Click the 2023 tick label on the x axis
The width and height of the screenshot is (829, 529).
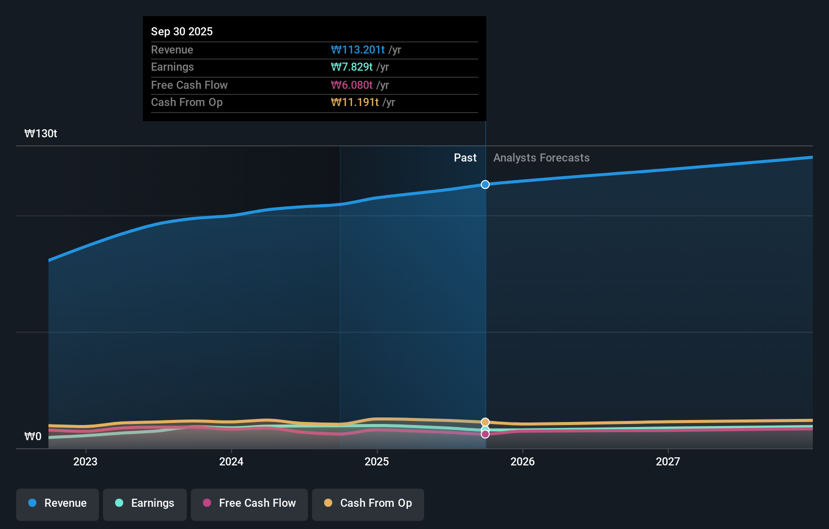click(x=85, y=461)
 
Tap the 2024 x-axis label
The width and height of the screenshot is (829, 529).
click(x=231, y=461)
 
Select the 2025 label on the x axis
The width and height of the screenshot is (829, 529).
click(x=377, y=461)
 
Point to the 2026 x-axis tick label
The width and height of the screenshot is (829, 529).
click(x=523, y=461)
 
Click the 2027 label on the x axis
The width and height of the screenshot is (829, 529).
click(x=668, y=461)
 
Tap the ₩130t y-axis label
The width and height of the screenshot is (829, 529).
click(x=41, y=134)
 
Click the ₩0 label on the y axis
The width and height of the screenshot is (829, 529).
click(x=33, y=437)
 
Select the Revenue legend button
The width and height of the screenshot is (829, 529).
click(x=58, y=503)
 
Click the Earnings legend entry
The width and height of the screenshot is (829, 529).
click(x=145, y=503)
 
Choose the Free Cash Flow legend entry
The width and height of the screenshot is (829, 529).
click(x=249, y=503)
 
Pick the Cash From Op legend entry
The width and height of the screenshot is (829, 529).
click(x=368, y=503)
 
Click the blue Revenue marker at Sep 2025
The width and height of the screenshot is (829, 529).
click(x=485, y=185)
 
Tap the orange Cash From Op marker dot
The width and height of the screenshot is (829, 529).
click(x=485, y=422)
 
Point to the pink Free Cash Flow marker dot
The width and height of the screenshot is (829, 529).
click(x=485, y=434)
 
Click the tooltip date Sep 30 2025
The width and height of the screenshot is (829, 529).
click(x=182, y=31)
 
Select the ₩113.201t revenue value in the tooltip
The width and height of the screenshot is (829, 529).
click(x=358, y=50)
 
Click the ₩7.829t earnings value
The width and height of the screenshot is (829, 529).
click(x=352, y=67)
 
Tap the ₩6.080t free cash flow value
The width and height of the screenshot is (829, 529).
click(x=352, y=85)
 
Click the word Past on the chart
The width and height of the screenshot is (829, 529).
click(x=465, y=158)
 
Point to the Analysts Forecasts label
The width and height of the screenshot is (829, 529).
click(x=541, y=158)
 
